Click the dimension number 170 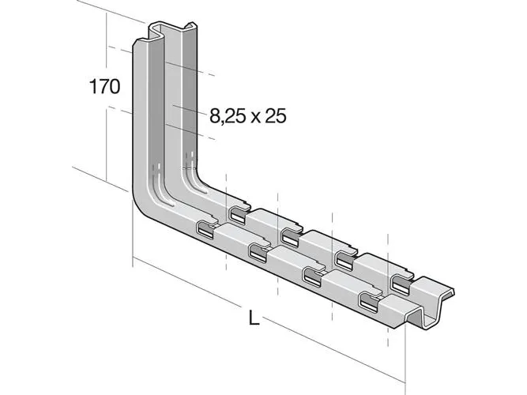tap(104, 87)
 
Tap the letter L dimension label tap(254, 318)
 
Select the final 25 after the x tap(276, 116)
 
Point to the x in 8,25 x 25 tap(254, 118)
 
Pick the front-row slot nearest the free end tap(369, 299)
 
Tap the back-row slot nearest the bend tap(238, 214)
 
